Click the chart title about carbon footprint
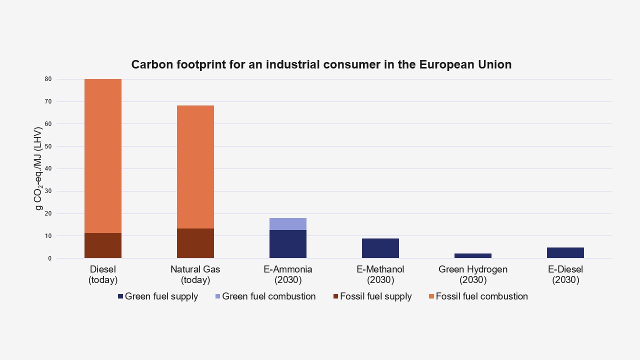[321, 64]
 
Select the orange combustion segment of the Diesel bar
[102, 155]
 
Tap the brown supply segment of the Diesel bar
[102, 245]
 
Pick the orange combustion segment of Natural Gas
[195, 166]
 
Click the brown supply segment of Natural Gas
[195, 243]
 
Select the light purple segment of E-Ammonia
[287, 224]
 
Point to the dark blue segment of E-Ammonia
[287, 244]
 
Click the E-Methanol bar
[380, 248]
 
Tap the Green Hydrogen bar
[472, 256]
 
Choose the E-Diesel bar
[565, 253]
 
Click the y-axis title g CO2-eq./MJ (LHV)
[39, 168]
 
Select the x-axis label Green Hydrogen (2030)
[472, 274]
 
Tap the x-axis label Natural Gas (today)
[195, 274]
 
